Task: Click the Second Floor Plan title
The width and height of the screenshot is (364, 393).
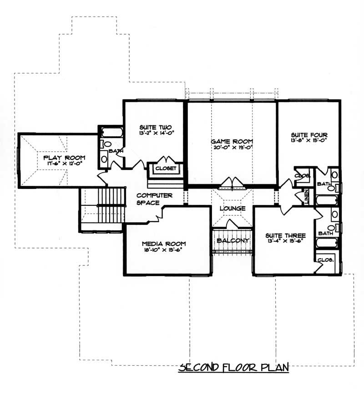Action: [233, 367]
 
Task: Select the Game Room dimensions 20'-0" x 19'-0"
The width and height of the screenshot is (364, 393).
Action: [232, 148]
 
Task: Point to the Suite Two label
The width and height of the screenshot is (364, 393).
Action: [155, 127]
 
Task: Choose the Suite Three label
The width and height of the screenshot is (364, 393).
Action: [285, 235]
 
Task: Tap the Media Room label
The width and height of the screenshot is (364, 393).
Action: [163, 244]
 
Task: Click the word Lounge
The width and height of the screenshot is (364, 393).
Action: [233, 208]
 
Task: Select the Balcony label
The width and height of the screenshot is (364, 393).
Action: [233, 240]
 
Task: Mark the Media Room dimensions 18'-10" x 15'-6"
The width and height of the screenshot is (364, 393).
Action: [163, 250]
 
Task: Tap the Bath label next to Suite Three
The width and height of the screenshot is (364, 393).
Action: [326, 233]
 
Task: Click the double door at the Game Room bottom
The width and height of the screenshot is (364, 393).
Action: [233, 183]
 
